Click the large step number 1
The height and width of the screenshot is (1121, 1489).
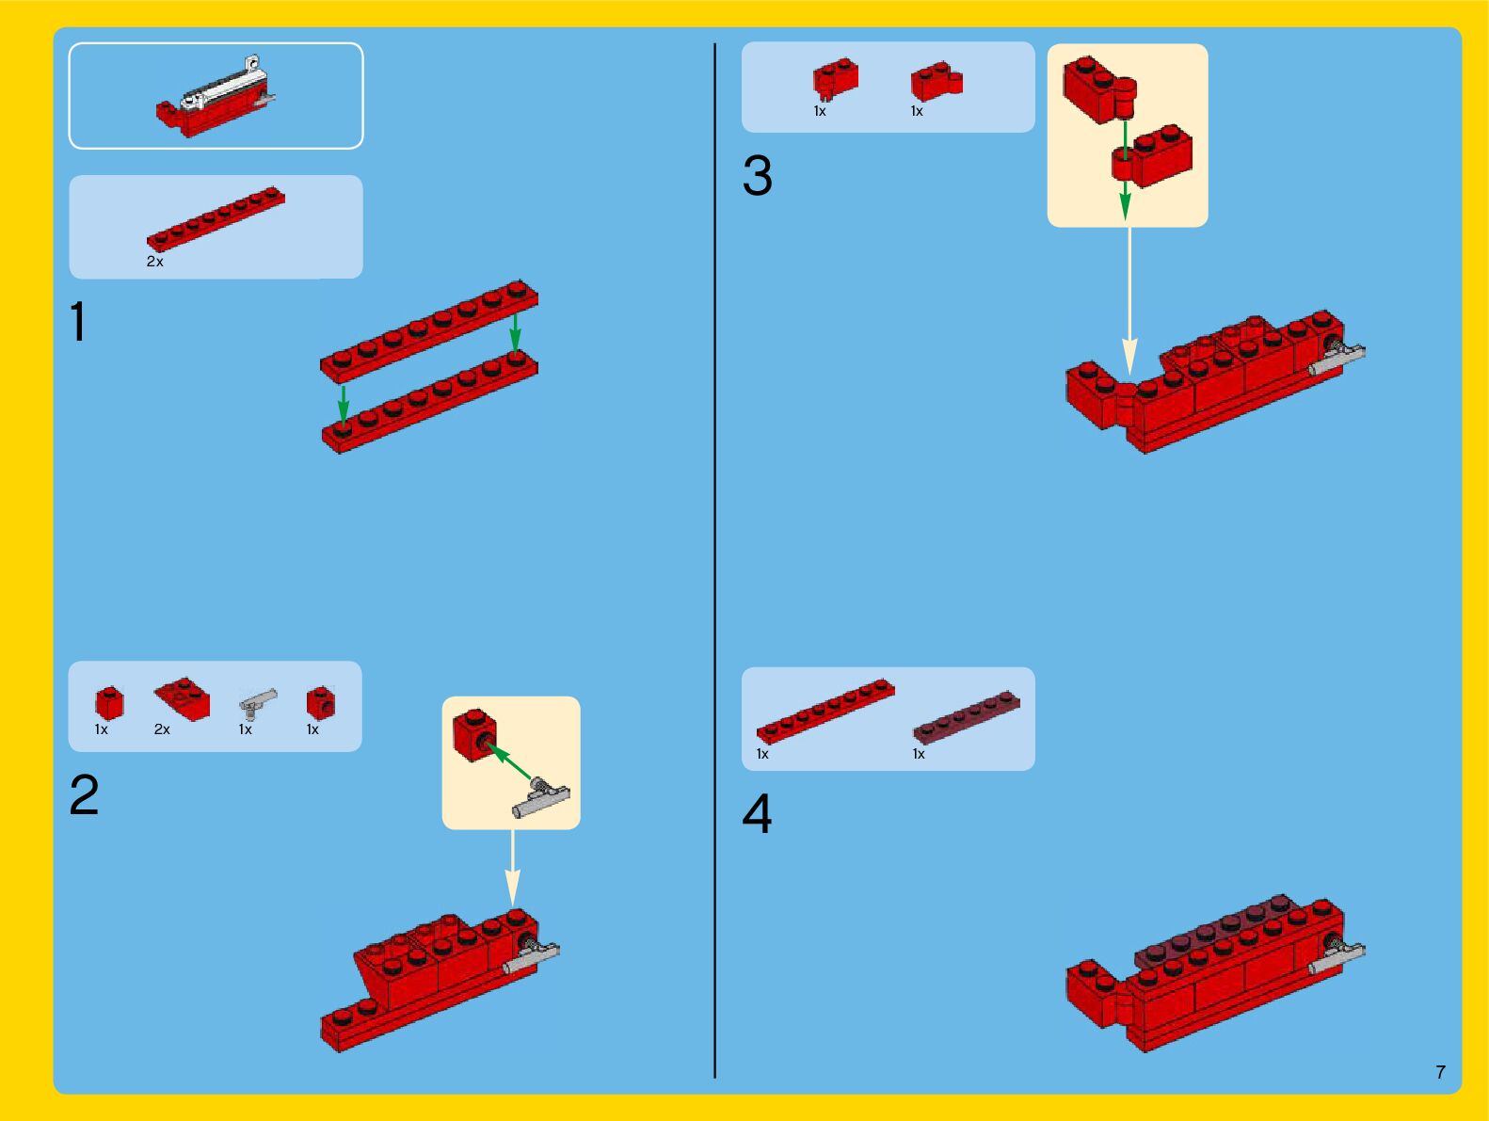point(78,321)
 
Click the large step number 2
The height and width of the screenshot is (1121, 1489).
point(84,794)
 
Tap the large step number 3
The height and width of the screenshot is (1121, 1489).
point(758,176)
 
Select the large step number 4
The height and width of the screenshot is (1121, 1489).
point(757,813)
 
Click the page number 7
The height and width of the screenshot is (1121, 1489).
point(1440,1071)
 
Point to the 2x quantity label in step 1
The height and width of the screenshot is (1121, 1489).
point(154,261)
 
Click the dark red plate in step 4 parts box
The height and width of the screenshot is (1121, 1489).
point(966,717)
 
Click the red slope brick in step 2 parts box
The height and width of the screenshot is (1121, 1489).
point(182,698)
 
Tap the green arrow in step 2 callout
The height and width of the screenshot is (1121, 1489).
point(509,761)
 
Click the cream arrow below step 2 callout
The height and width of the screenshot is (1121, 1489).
point(513,868)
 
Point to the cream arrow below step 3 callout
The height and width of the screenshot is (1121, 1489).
point(1129,301)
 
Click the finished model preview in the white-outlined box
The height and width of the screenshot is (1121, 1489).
point(216,96)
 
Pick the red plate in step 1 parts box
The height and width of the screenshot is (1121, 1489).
point(216,218)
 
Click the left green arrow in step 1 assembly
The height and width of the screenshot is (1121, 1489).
point(344,406)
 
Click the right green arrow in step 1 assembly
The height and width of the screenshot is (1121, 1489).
point(515,333)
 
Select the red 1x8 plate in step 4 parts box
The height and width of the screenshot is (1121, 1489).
point(825,711)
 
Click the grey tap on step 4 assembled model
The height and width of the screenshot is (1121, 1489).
point(1335,956)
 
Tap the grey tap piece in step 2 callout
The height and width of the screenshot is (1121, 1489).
point(540,797)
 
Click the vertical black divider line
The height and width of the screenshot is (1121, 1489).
point(714,560)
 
